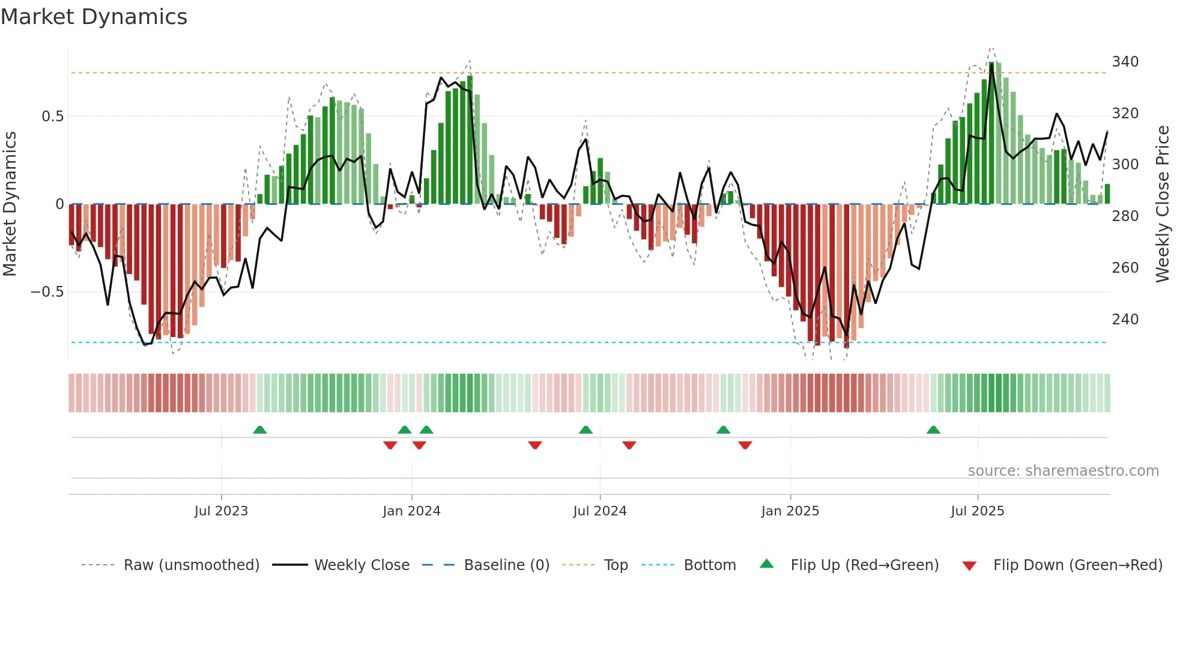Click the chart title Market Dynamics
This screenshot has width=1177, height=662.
coord(94,17)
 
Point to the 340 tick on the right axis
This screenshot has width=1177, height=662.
coord(1125,62)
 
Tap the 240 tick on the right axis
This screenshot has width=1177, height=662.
coord(1125,319)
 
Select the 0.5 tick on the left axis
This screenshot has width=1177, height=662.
coord(52,117)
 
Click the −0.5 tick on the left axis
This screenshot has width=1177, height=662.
coord(47,292)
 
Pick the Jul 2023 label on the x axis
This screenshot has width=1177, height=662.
coord(221,511)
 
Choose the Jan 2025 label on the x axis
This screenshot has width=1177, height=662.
coord(790,511)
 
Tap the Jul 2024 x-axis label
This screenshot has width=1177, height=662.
coord(599,511)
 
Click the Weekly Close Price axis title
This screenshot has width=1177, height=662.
coord(1163,204)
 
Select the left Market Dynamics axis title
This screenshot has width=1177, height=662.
coord(10,204)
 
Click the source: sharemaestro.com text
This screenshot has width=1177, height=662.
coord(1063,471)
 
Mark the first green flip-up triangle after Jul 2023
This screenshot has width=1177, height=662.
coord(259,430)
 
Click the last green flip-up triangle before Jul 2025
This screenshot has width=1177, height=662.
coord(933,430)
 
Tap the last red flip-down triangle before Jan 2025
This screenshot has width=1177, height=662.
coord(745,445)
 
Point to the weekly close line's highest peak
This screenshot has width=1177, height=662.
coord(991,64)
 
